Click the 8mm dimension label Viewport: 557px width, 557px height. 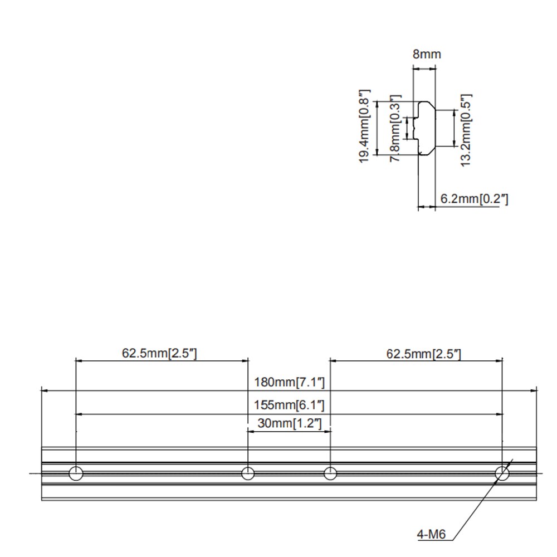coord(427,55)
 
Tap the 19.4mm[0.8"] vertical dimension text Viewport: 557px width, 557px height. coord(365,126)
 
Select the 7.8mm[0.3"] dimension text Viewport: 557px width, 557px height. coord(395,128)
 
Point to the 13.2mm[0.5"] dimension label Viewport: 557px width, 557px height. coord(466,130)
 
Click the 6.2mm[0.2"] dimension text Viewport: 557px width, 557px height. coord(474,199)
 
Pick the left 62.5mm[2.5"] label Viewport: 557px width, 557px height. coord(159,353)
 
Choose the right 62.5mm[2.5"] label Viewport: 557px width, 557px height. coord(423,354)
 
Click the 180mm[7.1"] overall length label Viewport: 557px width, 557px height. coord(289,382)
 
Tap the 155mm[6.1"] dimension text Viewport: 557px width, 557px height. coord(289,405)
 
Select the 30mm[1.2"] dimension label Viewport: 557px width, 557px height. coord(290,423)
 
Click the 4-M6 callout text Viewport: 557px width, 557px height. coord(431,534)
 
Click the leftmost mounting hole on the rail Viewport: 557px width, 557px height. coord(76,473)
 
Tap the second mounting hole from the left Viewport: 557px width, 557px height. coord(248,473)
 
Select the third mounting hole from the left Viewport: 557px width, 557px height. coord(330,473)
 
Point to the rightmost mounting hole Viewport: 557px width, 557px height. coord(502,473)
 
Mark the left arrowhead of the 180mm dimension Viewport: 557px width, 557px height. coord(45,391)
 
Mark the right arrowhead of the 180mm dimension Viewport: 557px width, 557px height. coord(533,391)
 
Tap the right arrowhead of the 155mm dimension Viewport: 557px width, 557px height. coord(499,414)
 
